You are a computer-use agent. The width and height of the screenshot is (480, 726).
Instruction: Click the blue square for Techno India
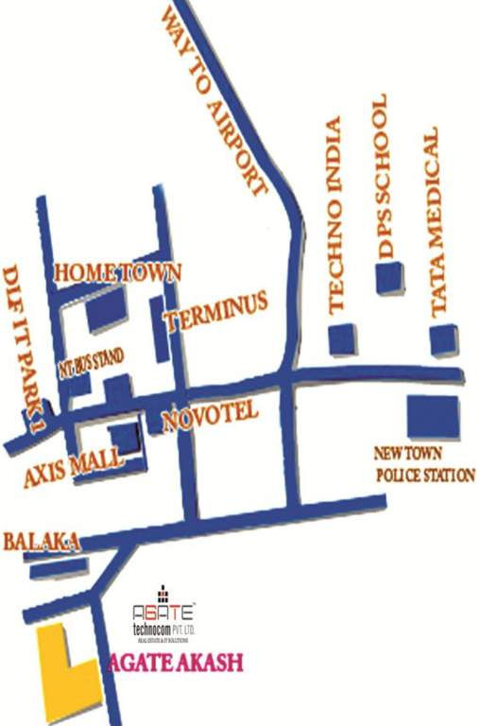(342, 339)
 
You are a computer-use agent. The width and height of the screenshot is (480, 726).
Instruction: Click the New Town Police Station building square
(433, 417)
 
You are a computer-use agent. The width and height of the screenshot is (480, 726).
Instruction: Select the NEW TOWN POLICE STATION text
(423, 464)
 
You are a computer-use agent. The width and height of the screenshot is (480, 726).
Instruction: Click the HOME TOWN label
(118, 272)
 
